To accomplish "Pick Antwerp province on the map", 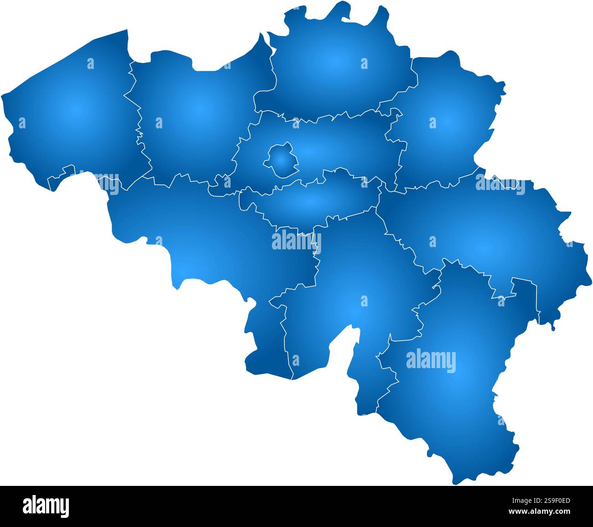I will [x=338, y=69].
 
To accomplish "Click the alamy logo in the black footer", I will [x=46, y=506].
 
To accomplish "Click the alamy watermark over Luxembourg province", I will [x=431, y=360].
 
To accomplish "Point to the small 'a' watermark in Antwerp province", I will [x=364, y=63].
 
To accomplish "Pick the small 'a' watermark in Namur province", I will [x=364, y=301].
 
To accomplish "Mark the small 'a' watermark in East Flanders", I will [x=159, y=123].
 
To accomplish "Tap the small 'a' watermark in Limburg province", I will [x=432, y=123].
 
